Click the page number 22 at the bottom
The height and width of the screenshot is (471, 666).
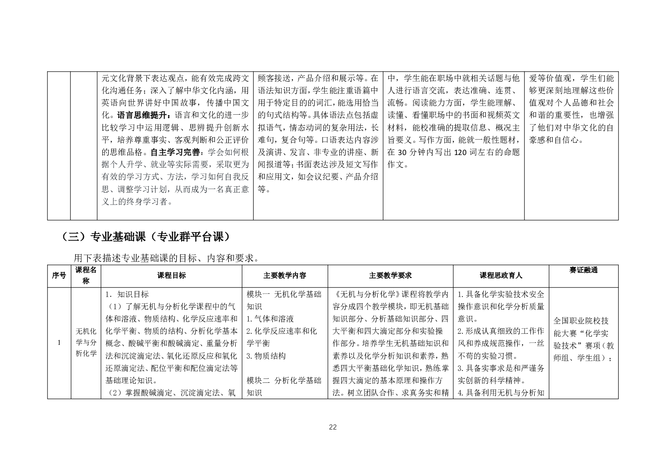pos(333,427)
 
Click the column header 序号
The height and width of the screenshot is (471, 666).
pos(59,276)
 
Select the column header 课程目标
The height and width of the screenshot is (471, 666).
pos(171,276)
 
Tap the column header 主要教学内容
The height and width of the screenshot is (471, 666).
pos(285,276)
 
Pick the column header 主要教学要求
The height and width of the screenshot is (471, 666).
pos(390,276)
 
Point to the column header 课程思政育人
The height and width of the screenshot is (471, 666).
pos(501,276)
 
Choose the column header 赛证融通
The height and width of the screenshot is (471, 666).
pos(583,270)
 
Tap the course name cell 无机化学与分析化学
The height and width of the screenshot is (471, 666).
pos(86,342)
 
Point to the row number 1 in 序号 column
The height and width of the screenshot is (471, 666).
pos(59,342)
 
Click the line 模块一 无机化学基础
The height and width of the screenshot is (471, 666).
pos(284,295)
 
